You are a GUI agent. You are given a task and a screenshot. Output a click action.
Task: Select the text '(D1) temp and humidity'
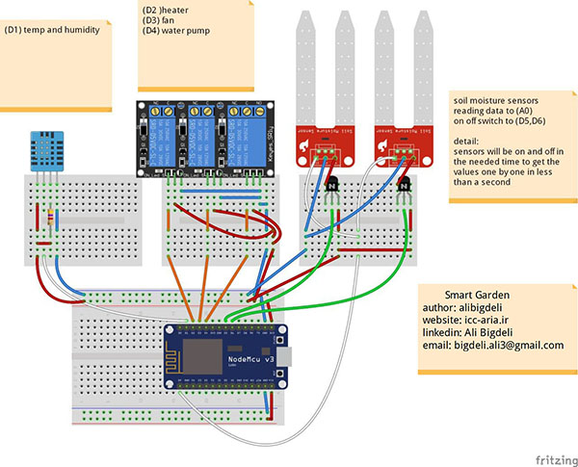[50, 30]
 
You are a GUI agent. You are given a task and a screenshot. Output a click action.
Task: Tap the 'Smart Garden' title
[476, 294]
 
